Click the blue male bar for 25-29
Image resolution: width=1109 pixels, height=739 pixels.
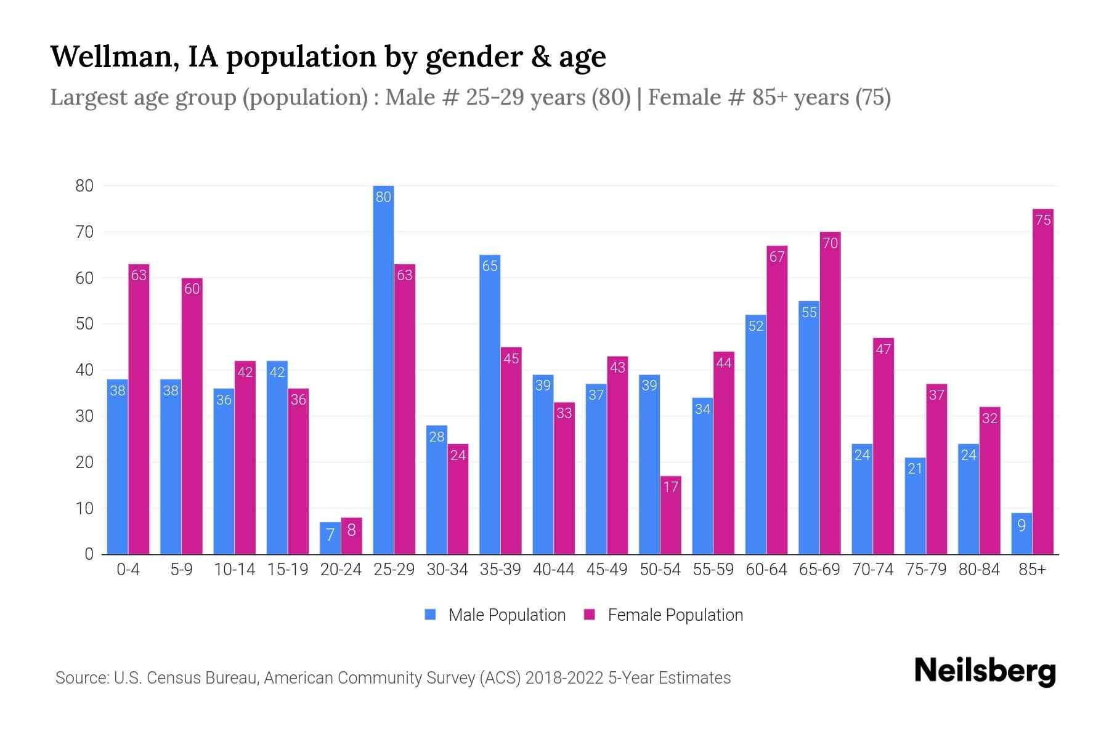click(x=383, y=369)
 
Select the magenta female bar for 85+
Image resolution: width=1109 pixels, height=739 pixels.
click(x=1042, y=382)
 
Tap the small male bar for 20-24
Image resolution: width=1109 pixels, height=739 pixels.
click(x=330, y=539)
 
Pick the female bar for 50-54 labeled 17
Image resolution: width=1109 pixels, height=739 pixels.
click(x=670, y=515)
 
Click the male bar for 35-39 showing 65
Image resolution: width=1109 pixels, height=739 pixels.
click(x=490, y=405)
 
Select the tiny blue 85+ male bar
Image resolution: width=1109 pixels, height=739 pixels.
click(x=1022, y=534)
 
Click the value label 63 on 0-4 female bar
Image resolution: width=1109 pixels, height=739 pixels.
click(x=139, y=275)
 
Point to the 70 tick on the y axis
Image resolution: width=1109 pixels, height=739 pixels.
click(x=84, y=232)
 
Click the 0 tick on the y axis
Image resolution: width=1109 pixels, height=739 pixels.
click(x=89, y=554)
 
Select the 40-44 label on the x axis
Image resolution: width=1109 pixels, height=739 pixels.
click(x=553, y=570)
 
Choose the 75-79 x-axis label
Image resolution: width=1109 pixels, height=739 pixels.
click(x=925, y=570)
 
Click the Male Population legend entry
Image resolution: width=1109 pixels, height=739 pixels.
click(x=506, y=615)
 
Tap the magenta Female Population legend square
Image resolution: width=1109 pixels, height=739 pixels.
click(x=590, y=615)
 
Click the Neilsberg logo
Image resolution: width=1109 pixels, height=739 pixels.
click(x=985, y=671)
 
